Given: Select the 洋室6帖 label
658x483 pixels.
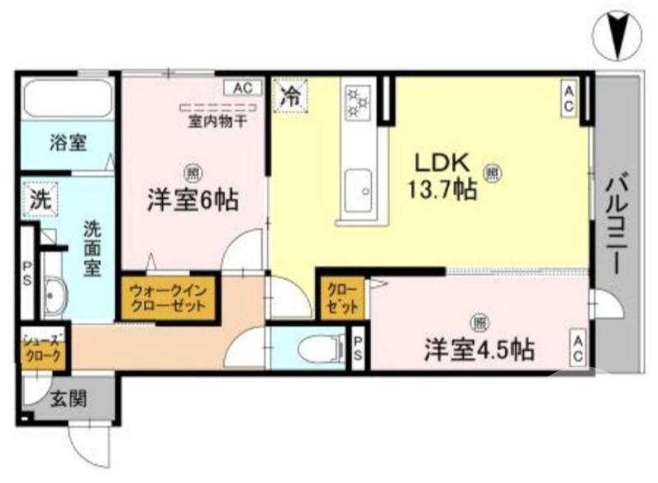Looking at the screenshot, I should pyautogui.click(x=192, y=199).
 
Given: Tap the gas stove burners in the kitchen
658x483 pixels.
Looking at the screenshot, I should pyautogui.click(x=359, y=103).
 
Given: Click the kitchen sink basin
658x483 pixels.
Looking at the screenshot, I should pyautogui.click(x=359, y=188).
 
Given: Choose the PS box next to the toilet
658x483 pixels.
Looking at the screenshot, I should pyautogui.click(x=358, y=349).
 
